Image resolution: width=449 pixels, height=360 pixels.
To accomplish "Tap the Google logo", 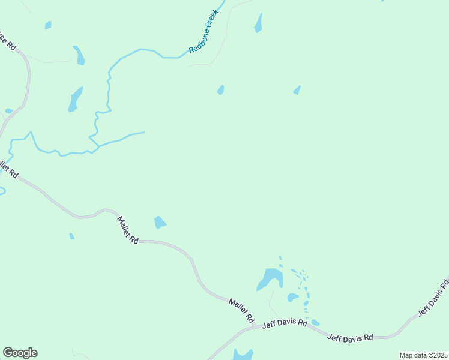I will (20, 353).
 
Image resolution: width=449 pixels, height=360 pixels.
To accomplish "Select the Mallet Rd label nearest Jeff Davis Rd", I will (242, 309).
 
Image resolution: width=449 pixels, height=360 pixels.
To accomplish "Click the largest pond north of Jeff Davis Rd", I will (270, 278).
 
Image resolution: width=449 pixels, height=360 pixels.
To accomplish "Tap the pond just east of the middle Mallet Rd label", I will (160, 223).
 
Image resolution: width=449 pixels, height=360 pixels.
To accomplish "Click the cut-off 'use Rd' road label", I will (8, 41).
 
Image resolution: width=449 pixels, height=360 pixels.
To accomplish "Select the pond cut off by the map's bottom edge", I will (243, 355).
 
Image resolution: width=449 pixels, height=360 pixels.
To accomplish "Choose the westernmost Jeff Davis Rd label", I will (285, 324).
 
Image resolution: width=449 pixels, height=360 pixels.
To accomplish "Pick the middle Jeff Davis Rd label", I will (350, 337).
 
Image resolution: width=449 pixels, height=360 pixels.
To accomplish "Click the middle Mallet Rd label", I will (128, 230).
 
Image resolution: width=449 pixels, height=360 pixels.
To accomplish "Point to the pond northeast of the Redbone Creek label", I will (259, 24).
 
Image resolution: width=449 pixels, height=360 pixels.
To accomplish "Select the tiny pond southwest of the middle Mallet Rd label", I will (72, 236).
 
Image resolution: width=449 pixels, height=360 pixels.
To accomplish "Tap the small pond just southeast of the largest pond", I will (293, 297).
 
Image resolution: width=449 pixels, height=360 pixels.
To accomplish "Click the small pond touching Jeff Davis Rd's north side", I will (315, 323).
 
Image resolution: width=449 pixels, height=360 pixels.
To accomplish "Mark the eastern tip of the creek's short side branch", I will (144, 132).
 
